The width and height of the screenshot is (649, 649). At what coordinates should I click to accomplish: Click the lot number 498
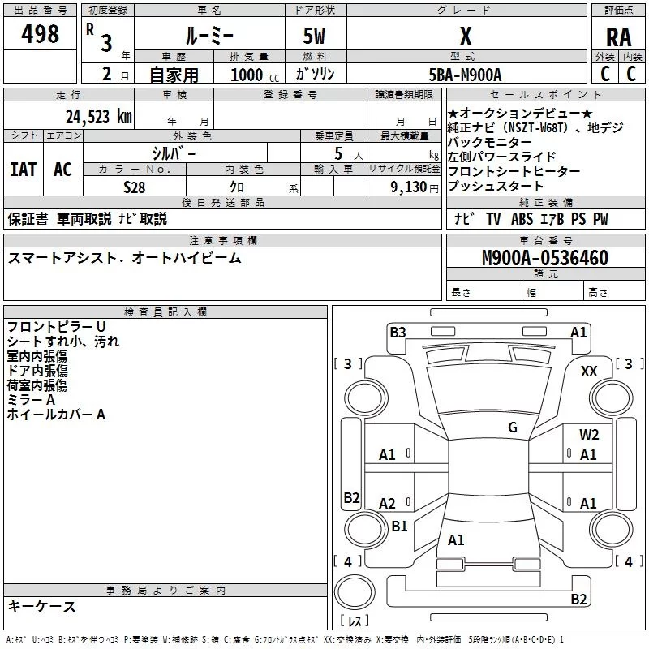[40, 34]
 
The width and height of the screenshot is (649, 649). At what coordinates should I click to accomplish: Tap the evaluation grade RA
[618, 37]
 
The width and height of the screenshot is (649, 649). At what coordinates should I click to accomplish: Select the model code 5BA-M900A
[465, 75]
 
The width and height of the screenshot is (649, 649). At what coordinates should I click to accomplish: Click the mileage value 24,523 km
[98, 116]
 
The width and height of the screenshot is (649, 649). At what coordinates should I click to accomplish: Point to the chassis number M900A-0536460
[544, 258]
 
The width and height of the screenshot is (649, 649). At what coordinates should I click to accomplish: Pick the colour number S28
[135, 186]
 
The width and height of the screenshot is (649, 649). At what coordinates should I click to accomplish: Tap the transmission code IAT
[24, 170]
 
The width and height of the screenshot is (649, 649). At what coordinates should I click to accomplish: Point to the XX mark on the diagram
[590, 371]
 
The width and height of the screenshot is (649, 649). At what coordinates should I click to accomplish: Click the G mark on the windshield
[513, 428]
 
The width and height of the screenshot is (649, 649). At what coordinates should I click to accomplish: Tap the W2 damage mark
[589, 435]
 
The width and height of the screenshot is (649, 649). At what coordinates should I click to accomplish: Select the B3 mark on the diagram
[398, 332]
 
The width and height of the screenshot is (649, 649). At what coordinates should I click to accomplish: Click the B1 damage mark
[399, 526]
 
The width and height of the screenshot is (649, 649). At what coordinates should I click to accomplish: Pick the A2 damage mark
[388, 503]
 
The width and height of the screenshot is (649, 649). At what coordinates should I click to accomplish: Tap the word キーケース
[42, 607]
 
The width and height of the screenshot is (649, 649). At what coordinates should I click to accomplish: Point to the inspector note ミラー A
[31, 399]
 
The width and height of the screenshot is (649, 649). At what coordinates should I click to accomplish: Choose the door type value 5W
[315, 36]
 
